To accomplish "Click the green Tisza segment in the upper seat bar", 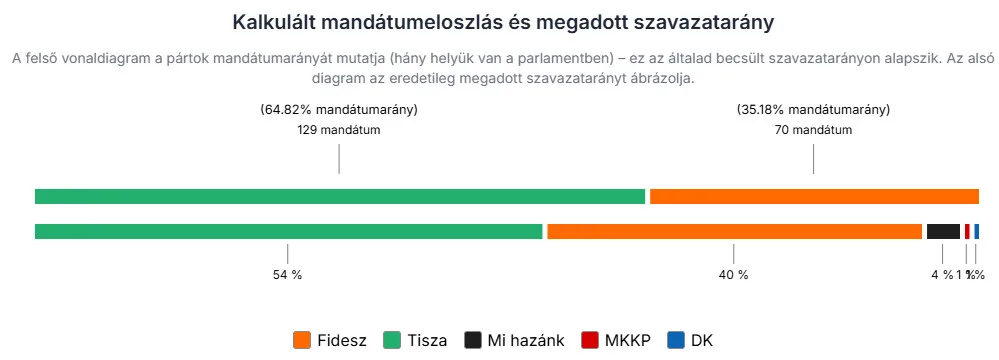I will tap(340, 196).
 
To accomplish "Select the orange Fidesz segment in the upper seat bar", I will tap(814, 196).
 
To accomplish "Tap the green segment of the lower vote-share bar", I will tap(288, 231).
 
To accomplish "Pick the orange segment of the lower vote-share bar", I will tap(734, 231).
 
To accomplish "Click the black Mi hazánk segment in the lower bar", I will tap(943, 231).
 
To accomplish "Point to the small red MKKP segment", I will tap(967, 231).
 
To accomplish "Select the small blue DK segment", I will tap(977, 231).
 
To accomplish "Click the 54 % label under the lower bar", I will tap(287, 275).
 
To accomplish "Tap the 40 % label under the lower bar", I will tap(733, 275).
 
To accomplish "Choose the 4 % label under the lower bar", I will tap(942, 275).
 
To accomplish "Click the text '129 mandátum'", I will tap(339, 130).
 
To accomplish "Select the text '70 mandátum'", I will tap(813, 130).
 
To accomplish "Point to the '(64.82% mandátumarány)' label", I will tap(339, 110).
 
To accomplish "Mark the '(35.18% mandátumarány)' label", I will tap(813, 110).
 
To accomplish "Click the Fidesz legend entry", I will tap(331, 340).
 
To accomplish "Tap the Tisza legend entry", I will tap(415, 340).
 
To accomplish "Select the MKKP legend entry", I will tap(616, 340).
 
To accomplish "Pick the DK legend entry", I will tap(690, 340).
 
